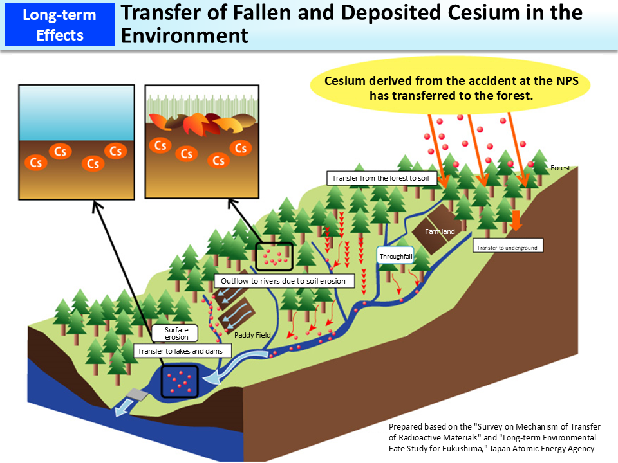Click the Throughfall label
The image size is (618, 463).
click(x=395, y=256)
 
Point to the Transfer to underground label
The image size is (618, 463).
click(x=507, y=246)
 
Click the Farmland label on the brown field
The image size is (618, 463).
click(x=440, y=231)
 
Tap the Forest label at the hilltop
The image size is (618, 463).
click(x=560, y=168)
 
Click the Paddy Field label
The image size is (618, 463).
click(x=253, y=335)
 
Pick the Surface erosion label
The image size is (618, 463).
click(x=176, y=333)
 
